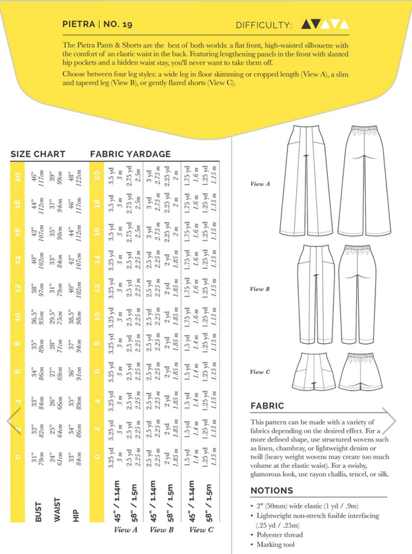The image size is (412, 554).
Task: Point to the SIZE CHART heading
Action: point(38,154)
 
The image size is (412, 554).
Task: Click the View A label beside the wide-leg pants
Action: point(259,184)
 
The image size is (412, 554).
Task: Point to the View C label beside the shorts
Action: point(259,371)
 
